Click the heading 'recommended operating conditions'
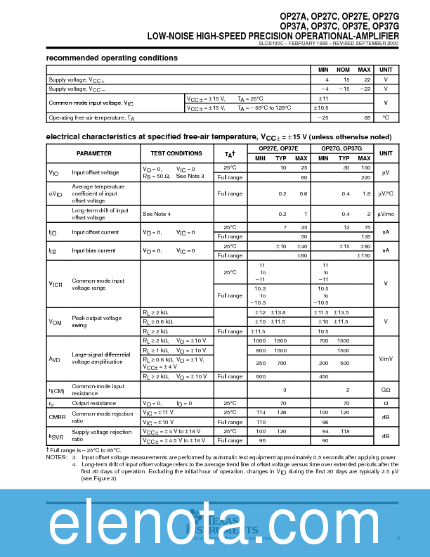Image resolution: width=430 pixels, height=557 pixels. click(112, 58)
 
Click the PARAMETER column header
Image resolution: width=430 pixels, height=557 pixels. click(94, 153)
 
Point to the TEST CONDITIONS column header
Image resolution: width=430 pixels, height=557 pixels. click(176, 153)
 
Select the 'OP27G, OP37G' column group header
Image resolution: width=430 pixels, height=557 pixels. click(342, 148)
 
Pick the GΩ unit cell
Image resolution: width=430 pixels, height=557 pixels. click(386, 390)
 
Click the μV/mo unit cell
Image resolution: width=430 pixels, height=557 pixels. click(386, 213)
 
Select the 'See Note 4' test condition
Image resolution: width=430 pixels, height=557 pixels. click(157, 213)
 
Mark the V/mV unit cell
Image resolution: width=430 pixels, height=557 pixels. click(386, 359)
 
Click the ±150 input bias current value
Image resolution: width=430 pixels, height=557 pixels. click(364, 255)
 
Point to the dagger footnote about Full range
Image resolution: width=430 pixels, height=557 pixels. click(84, 449)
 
